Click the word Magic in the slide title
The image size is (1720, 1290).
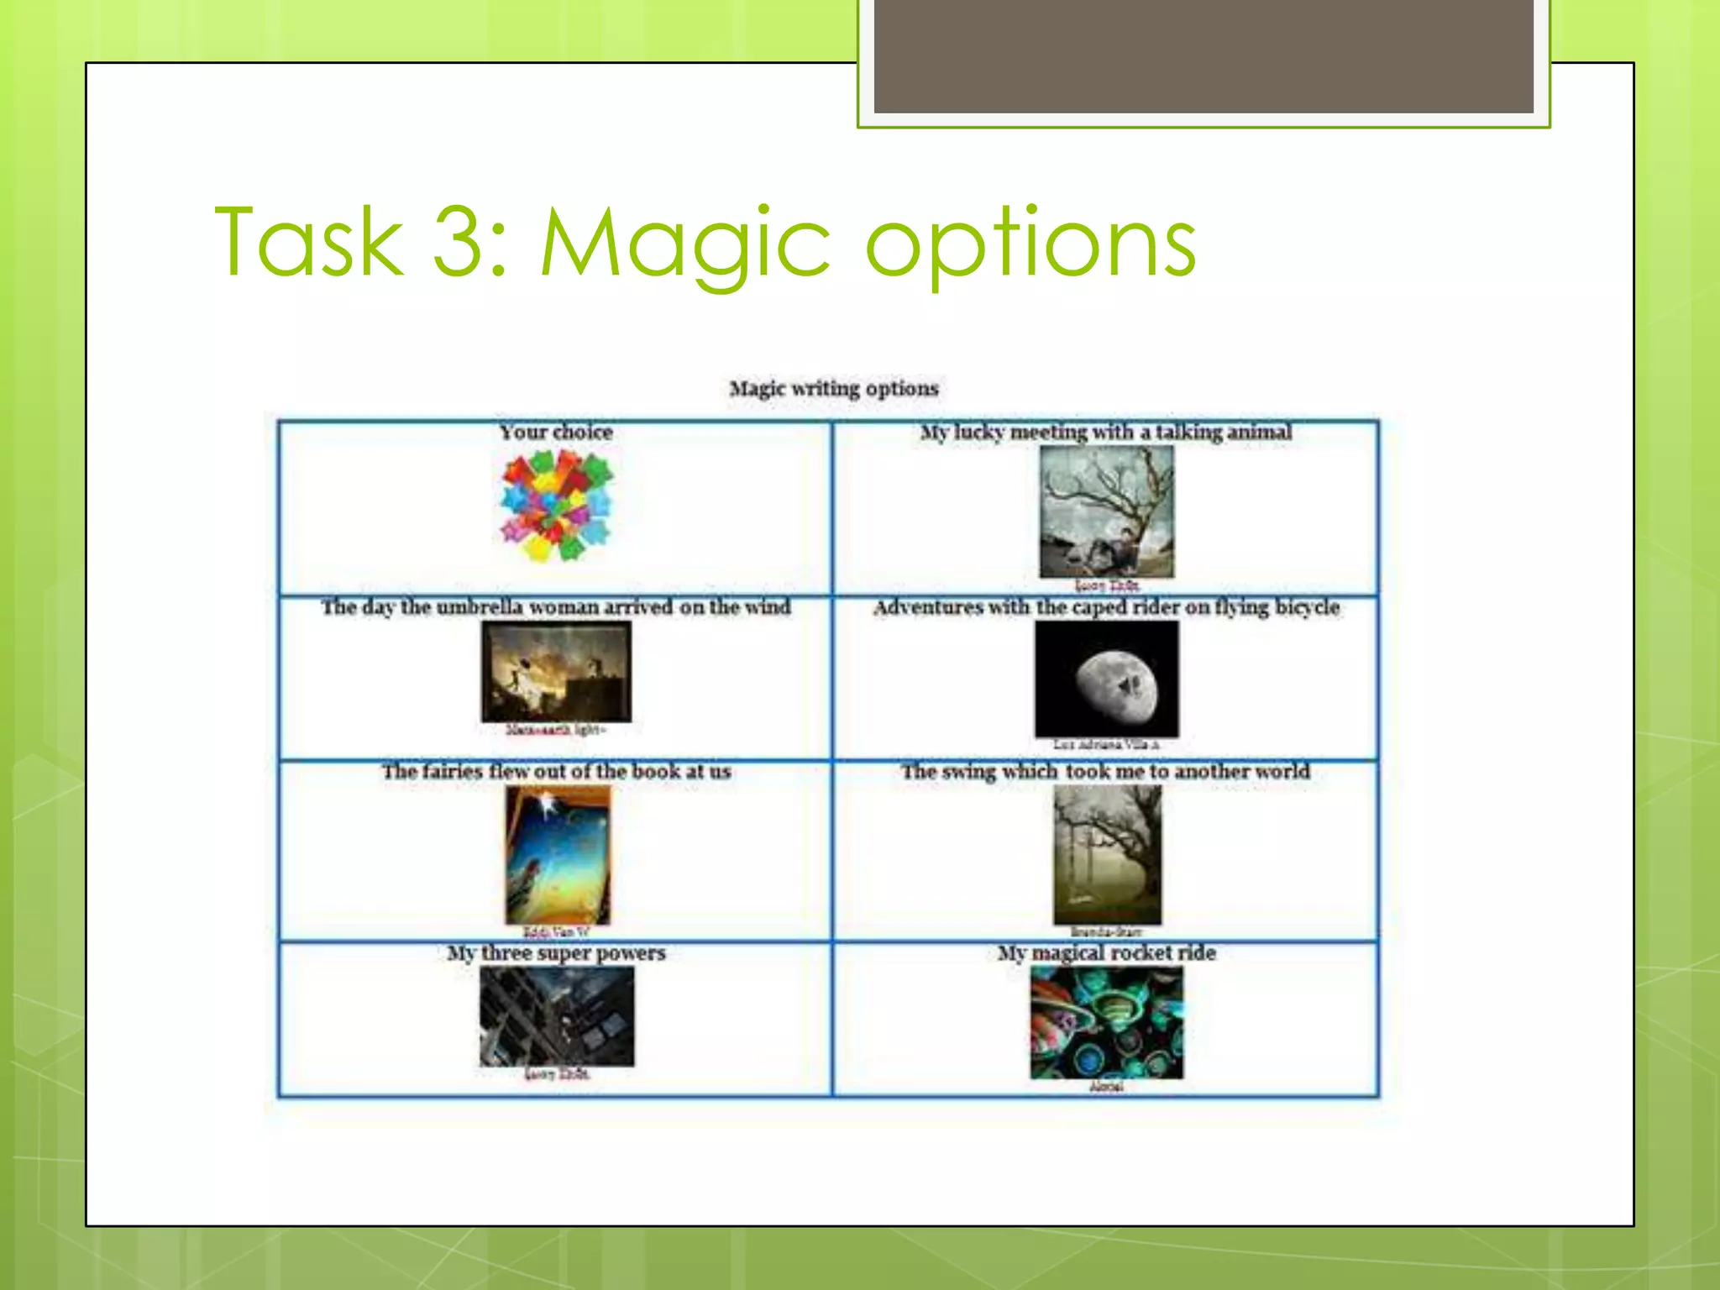coord(684,244)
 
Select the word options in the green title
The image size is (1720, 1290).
coord(1030,245)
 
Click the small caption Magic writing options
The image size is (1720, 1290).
coord(833,389)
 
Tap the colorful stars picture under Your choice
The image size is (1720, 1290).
coord(557,505)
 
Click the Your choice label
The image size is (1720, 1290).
coord(556,433)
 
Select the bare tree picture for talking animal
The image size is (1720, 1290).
coord(1106,511)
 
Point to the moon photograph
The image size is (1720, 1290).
coord(1106,679)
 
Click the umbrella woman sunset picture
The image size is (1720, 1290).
coord(556,672)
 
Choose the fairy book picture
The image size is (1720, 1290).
coord(558,855)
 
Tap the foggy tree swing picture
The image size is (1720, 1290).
coord(1107,855)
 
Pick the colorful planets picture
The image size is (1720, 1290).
coord(1106,1022)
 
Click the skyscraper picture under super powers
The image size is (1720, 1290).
coord(557,1016)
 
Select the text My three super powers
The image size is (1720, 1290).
coord(556,953)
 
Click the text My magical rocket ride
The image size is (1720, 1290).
coord(1106,953)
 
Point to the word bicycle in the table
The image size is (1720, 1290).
coord(1307,607)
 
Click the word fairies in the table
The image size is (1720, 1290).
coord(453,771)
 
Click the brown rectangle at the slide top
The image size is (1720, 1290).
coord(1203,56)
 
